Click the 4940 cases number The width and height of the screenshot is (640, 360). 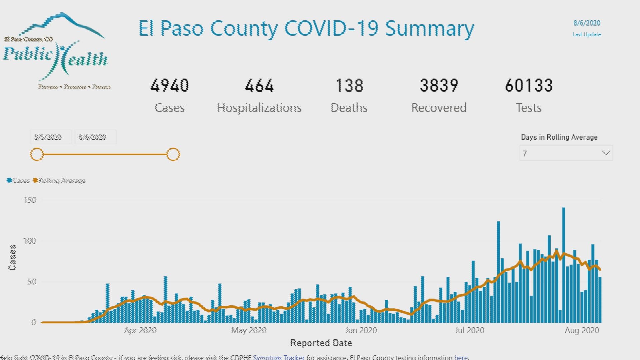click(169, 86)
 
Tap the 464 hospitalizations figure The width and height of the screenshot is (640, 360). click(259, 86)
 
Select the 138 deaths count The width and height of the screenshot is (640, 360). click(349, 86)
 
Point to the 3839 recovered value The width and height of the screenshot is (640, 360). click(439, 86)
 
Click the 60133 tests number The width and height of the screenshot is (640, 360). click(529, 86)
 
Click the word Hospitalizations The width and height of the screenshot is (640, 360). click(259, 108)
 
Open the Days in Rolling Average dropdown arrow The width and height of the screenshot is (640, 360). click(606, 153)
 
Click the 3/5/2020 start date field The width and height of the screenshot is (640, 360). click(51, 137)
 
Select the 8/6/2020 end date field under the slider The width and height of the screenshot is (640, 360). click(95, 137)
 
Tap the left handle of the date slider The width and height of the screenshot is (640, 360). click(37, 154)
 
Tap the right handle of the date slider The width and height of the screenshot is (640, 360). click(173, 154)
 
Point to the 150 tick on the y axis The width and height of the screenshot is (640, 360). click(30, 200)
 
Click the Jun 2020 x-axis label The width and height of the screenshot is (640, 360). click(361, 330)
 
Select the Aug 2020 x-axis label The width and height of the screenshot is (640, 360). click(582, 330)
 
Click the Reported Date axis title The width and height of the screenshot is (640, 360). click(321, 343)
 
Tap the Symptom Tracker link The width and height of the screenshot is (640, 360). click(279, 357)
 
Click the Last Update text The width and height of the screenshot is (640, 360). click(587, 35)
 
